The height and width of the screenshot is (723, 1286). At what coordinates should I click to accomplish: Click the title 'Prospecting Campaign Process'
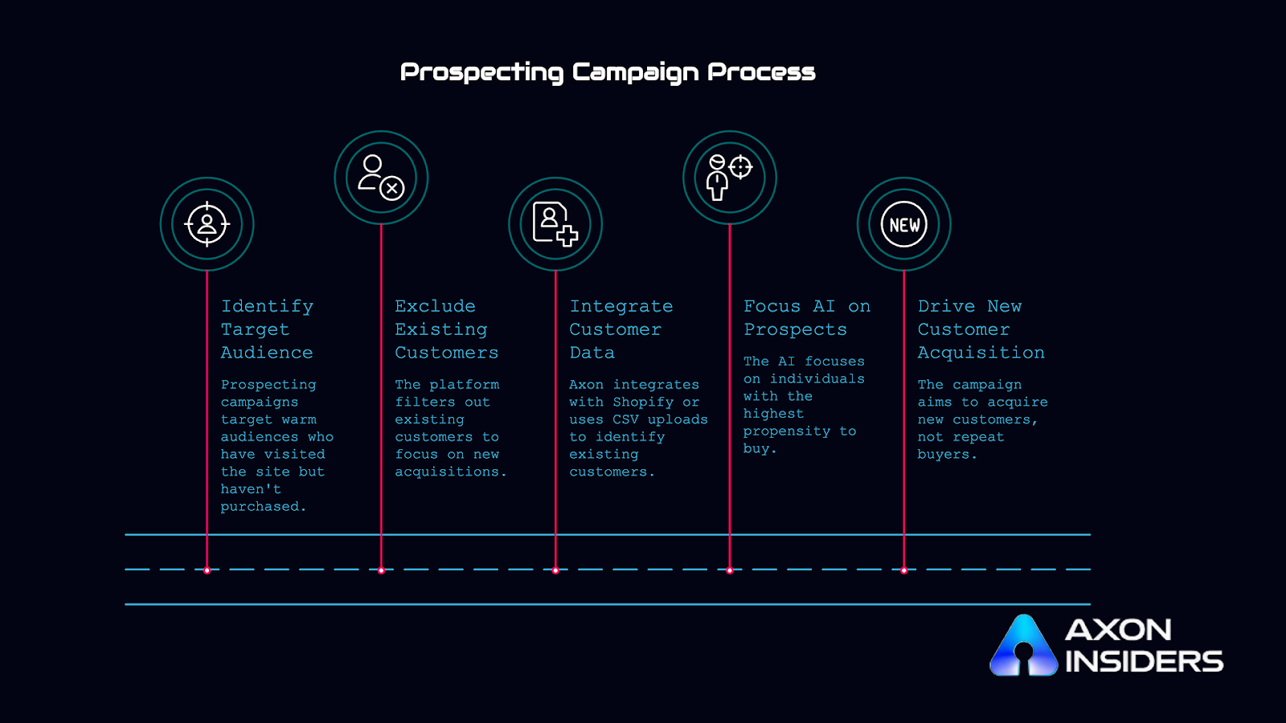pos(608,72)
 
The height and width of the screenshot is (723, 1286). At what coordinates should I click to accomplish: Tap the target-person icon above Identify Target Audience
pos(207,224)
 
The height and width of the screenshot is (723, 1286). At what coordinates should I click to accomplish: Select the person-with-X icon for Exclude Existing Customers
pos(381,178)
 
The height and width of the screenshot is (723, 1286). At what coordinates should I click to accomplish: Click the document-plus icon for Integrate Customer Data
pos(555,224)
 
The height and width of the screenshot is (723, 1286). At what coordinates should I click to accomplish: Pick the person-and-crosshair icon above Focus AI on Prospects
pos(729,178)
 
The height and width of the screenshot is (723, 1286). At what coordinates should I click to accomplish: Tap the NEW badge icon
pos(904,225)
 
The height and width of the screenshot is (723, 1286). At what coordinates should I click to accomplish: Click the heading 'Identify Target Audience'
pos(267,329)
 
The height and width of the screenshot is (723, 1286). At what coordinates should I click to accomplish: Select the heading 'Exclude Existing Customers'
pos(446,329)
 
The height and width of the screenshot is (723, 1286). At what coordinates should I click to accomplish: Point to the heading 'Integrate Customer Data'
pos(620,329)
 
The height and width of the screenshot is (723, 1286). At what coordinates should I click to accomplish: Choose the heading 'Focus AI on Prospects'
pos(806,318)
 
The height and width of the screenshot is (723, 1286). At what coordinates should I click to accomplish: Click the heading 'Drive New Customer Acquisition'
pos(981,329)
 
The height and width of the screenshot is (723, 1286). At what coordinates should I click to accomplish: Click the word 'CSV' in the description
pos(625,420)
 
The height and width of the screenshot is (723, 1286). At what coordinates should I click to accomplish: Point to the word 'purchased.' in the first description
pos(263,507)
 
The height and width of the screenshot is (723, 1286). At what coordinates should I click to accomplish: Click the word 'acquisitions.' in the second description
pos(450,472)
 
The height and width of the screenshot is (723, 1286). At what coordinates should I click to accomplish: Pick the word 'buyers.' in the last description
pos(947,455)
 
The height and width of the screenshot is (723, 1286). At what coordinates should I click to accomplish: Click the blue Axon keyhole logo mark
pos(1023,647)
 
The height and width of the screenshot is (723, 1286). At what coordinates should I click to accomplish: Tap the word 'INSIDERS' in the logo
pos(1144,662)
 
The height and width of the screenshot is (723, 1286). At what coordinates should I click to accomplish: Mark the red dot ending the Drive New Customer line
pos(904,570)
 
